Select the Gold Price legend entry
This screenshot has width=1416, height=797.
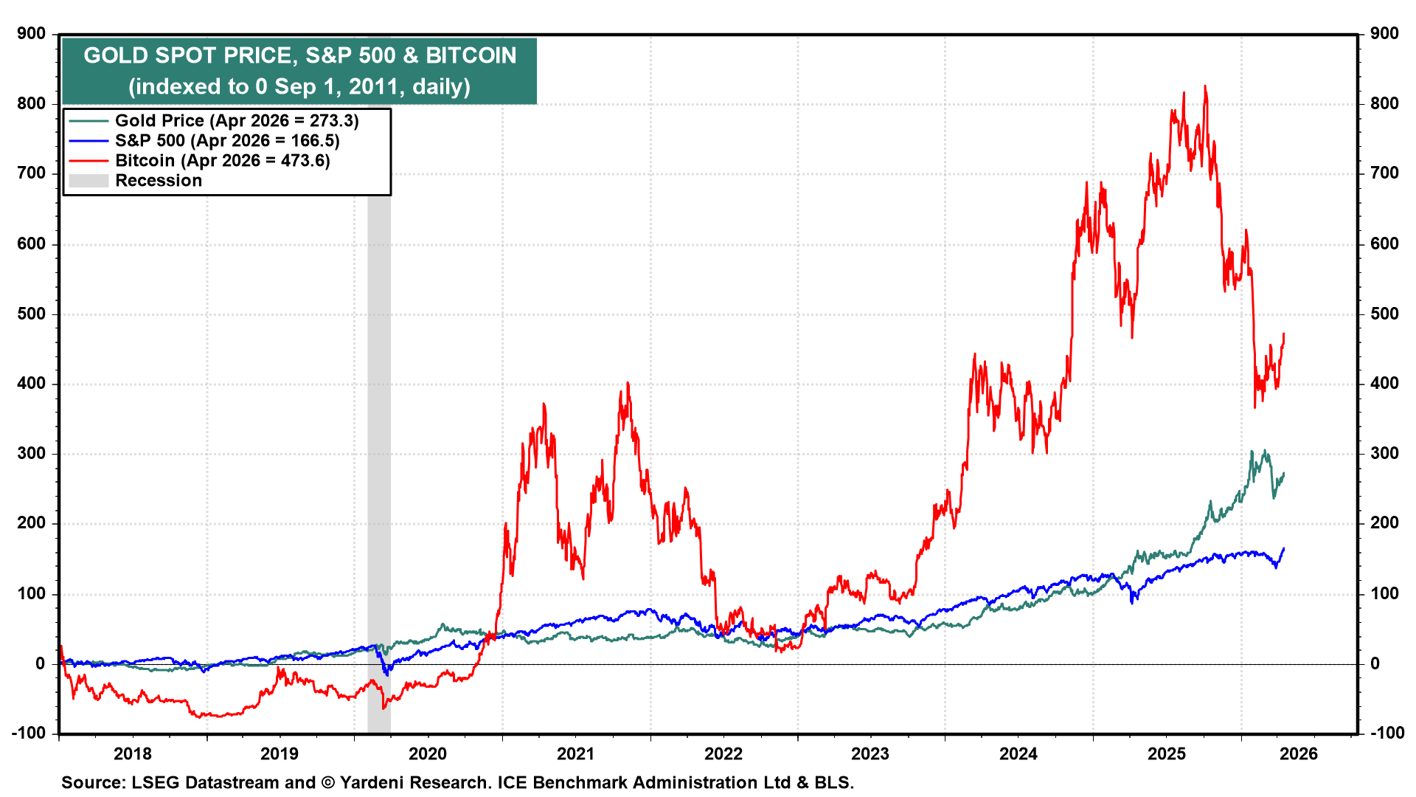pos(236,121)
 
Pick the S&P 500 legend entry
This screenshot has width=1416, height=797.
pos(226,141)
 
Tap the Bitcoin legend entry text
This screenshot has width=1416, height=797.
pos(222,161)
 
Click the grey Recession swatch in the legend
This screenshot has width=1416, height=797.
pos(88,181)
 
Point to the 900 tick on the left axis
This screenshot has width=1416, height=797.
pos(31,34)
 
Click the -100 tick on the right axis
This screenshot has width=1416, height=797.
pos(1386,733)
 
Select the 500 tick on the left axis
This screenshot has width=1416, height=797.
pos(31,314)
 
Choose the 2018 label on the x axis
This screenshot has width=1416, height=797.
pos(133,753)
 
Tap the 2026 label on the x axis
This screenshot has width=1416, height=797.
pos(1298,753)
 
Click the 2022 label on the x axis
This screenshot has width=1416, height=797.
pos(723,753)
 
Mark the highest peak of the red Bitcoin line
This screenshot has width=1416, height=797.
pos(1205,86)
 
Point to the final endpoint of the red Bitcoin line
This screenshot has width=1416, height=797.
pos(1284,334)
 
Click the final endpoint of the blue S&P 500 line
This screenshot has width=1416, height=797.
pos(1284,548)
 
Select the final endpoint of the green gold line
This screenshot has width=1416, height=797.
pos(1284,473)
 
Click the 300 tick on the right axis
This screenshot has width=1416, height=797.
pos(1384,453)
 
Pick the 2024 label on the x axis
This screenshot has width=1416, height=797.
pos(1018,753)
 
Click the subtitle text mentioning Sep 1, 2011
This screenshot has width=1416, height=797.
pos(299,86)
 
